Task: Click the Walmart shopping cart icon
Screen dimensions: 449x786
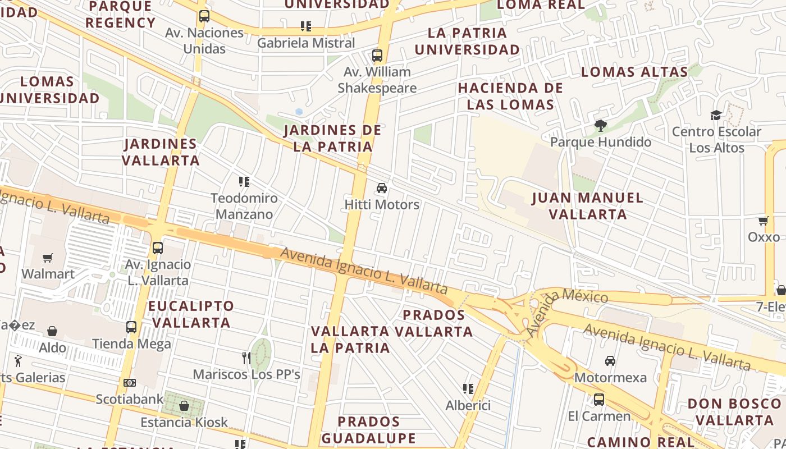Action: pos(48,258)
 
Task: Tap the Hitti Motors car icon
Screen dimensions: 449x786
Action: pos(382,187)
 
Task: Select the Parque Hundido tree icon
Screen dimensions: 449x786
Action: pos(601,125)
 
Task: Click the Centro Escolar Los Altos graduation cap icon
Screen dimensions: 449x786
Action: pos(716,116)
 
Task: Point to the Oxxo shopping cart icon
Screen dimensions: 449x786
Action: pos(763,221)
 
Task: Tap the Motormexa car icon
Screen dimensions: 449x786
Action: pos(610,361)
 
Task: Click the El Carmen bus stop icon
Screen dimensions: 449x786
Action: pos(599,400)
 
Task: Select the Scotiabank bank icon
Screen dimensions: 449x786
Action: pos(130,383)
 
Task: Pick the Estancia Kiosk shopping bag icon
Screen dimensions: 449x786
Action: pos(184,405)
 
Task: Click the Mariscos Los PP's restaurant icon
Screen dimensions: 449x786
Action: pos(246,358)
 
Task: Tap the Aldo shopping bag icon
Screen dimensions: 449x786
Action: pos(52,331)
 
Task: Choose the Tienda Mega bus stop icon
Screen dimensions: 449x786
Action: pos(131,327)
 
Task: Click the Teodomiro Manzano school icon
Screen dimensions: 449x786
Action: pos(244,181)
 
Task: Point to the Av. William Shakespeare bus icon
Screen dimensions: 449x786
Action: pos(377,56)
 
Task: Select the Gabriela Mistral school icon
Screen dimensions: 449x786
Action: pos(306,26)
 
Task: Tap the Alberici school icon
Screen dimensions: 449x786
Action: pos(468,388)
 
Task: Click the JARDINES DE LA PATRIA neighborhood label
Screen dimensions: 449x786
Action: pos(332,138)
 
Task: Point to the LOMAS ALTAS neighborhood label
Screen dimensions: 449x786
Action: pos(634,72)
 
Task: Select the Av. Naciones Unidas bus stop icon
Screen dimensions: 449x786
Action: pos(204,16)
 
